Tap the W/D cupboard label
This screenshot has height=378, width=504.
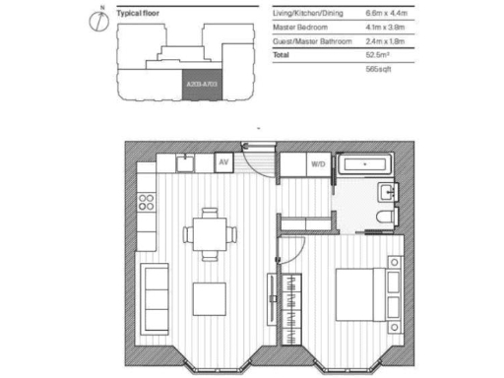[x=318, y=164]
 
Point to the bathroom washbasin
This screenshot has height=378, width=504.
[x=389, y=189]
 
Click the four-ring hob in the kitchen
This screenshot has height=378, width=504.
[x=147, y=202]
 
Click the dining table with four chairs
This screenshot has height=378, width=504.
[x=209, y=233]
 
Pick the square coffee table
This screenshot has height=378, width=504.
[x=209, y=296]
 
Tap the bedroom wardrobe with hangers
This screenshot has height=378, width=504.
[x=292, y=307]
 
